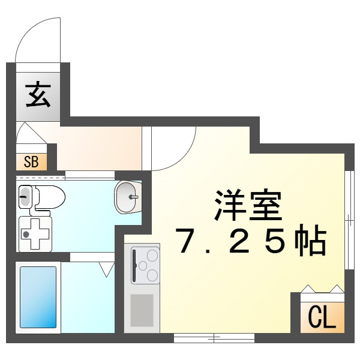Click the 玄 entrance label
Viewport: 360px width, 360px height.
tap(38, 95)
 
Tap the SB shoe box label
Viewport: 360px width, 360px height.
tap(31, 161)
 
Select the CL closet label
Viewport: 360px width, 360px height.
tap(321, 317)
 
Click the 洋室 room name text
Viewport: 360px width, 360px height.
tap(248, 205)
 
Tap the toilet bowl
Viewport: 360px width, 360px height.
tap(50, 197)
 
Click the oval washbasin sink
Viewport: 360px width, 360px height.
tap(128, 197)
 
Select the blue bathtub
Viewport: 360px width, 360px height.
tap(38, 298)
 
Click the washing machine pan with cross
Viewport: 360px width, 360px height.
tap(35, 234)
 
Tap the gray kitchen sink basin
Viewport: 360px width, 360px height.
tap(142, 310)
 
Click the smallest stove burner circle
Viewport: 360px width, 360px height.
tap(143, 266)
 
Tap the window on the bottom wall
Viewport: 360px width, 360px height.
tap(214, 338)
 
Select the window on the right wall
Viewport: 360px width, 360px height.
tap(350, 220)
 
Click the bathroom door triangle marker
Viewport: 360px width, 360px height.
tap(107, 269)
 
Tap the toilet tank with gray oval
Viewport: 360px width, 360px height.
tap(25, 197)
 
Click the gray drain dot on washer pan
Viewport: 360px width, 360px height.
tap(26, 235)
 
